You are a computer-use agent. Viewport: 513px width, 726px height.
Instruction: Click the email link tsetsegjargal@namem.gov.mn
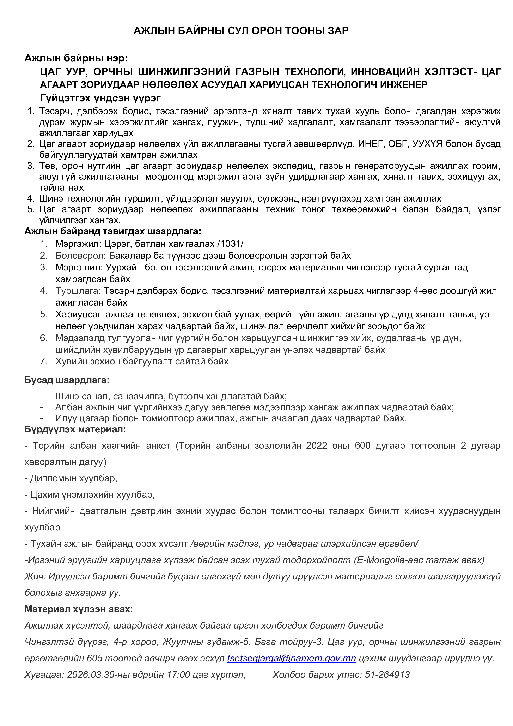coord(291,658)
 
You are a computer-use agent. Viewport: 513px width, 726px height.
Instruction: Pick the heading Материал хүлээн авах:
coord(79,609)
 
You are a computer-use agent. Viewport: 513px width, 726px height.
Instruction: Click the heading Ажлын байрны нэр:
coord(76,58)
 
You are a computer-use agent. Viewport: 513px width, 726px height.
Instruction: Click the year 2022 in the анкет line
coord(317,446)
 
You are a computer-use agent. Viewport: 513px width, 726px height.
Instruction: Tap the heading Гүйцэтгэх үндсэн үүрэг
coord(100,98)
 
